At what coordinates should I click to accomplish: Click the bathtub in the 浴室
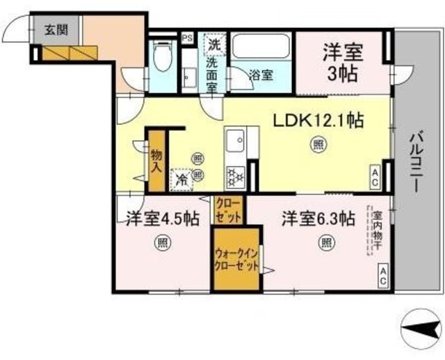coord(261,47)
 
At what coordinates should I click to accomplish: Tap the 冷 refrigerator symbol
coord(181,179)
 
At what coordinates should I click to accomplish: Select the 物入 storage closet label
coord(156,161)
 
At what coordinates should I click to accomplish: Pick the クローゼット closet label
coord(229,209)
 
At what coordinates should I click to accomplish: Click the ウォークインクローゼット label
coord(237,259)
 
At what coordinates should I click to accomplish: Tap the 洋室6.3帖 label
coord(318,219)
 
